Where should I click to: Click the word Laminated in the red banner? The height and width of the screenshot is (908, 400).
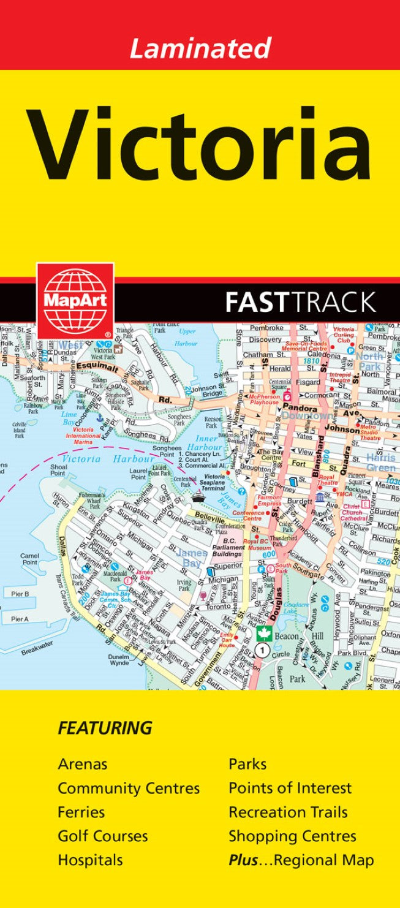[x=200, y=48]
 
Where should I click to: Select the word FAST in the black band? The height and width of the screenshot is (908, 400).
[x=257, y=302]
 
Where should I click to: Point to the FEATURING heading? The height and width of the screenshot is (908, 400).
[x=105, y=728]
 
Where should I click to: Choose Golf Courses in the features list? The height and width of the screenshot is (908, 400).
[x=102, y=836]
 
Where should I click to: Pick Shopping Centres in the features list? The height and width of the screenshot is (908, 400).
[x=292, y=836]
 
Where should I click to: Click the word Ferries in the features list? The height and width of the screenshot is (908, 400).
[x=81, y=812]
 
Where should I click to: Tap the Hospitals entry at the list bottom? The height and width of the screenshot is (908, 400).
[x=90, y=860]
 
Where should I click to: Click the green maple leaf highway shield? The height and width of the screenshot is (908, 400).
[x=264, y=635]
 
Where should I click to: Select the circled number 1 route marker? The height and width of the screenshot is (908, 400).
[x=263, y=650]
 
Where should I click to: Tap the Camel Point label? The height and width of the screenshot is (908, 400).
[x=29, y=559]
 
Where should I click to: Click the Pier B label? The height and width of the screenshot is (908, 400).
[x=20, y=594]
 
